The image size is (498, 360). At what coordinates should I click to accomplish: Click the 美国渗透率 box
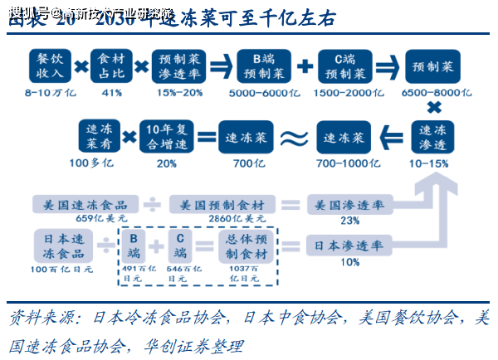pos(349,205)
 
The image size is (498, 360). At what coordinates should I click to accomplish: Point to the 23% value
pos(349,221)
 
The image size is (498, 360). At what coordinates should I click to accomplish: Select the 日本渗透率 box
pos(349,246)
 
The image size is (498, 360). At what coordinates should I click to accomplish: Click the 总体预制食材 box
pos(247,246)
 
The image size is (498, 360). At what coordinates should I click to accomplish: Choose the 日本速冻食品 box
pos(62,246)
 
